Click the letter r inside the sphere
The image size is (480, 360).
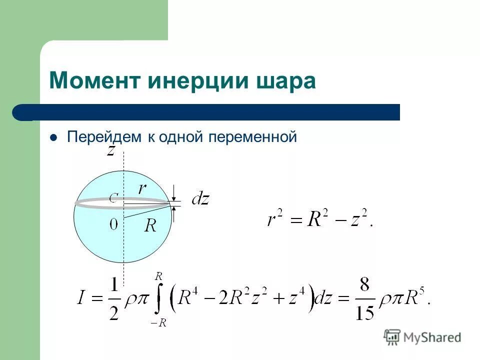click(142, 188)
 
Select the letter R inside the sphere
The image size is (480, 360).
click(150, 226)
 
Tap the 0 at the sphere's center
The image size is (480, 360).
click(114, 225)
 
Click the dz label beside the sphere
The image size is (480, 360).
click(200, 200)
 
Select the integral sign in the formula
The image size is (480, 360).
click(158, 299)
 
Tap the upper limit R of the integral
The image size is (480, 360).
click(159, 275)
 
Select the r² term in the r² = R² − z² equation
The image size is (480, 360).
click(275, 219)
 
